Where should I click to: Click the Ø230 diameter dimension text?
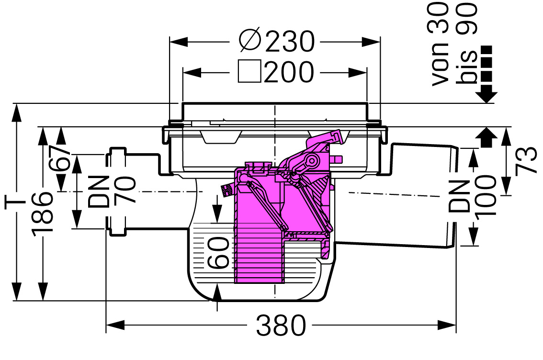click(x=277, y=41)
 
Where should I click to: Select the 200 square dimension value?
click(x=289, y=72)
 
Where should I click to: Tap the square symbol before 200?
click(x=249, y=72)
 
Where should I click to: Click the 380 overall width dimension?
click(x=281, y=326)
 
